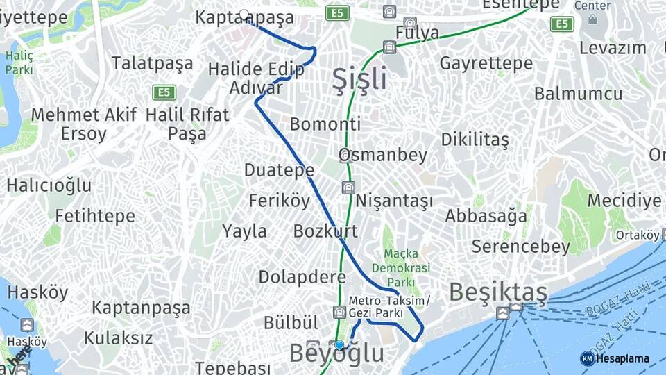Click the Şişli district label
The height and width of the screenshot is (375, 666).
click(x=359, y=79)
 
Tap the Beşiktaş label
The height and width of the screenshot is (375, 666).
click(x=498, y=292)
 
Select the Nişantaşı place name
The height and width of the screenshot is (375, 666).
click(x=394, y=201)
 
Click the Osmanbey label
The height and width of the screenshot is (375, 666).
click(x=383, y=155)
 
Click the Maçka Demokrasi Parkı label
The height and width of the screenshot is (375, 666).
click(x=400, y=267)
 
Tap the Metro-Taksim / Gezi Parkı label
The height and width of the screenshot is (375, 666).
click(x=389, y=307)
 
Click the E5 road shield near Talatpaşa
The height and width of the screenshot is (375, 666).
click(x=164, y=92)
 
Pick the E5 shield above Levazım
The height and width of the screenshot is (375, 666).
click(x=562, y=24)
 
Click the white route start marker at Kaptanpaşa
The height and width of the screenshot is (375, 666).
click(x=244, y=14)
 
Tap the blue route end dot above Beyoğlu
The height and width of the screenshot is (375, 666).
click(x=339, y=345)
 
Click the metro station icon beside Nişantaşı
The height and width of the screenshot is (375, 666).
click(x=348, y=187)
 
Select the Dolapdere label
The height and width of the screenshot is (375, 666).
click(x=302, y=277)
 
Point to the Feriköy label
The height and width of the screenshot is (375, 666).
click(x=280, y=201)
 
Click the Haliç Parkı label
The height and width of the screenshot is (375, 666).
click(x=19, y=62)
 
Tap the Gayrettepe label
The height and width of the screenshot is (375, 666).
click(x=486, y=63)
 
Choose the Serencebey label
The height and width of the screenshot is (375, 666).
click(x=520, y=246)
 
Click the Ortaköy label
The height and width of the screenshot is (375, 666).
click(x=637, y=235)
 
